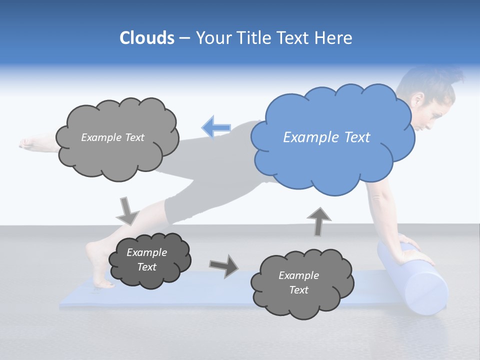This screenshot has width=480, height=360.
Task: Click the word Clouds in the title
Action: tap(146, 38)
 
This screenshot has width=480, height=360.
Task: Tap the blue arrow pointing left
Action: tap(216, 127)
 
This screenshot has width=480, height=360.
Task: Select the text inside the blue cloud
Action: tap(326, 137)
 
